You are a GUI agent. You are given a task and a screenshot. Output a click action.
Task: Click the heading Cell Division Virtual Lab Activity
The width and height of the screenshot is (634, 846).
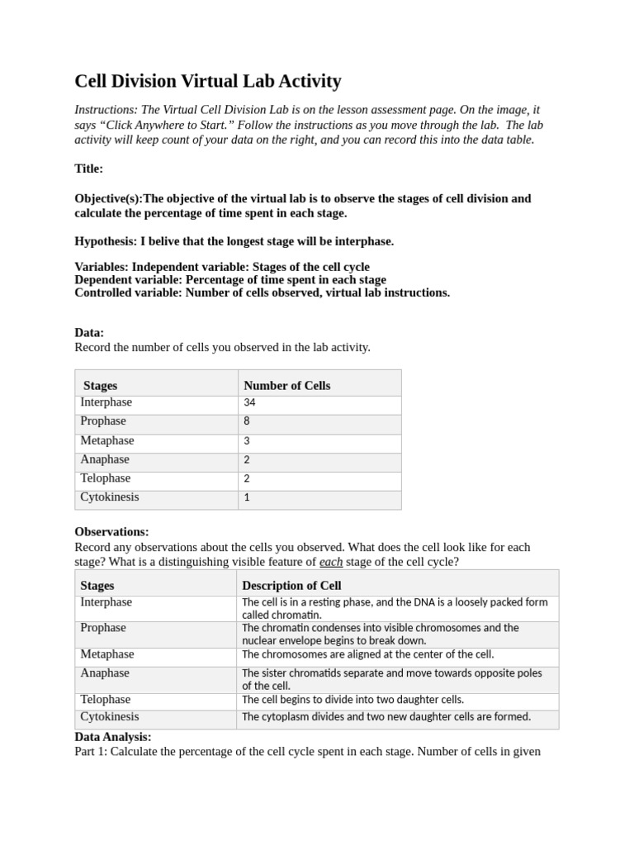[207, 81]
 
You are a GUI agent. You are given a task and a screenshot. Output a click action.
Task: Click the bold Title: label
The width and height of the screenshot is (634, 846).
[89, 169]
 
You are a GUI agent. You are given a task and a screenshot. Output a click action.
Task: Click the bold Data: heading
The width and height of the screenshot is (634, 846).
[89, 332]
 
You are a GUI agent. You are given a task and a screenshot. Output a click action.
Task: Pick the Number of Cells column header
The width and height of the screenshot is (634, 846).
[286, 385]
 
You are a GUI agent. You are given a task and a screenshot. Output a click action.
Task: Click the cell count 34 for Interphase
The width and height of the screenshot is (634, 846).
[249, 403]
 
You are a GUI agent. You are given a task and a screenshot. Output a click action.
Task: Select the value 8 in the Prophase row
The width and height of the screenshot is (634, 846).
[247, 421]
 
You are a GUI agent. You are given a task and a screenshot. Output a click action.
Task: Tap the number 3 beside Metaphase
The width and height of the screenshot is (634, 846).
[247, 441]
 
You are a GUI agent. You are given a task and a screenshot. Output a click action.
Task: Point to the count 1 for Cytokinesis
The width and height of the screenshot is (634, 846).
[247, 497]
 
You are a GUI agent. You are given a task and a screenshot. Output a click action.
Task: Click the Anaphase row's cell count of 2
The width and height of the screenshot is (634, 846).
[247, 460]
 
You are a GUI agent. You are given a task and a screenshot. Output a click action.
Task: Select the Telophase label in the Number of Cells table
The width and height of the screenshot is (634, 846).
[105, 478]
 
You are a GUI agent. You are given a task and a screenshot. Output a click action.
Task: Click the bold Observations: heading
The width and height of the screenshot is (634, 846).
[111, 532]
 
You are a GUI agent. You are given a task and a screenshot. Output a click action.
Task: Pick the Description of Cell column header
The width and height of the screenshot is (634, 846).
[291, 585]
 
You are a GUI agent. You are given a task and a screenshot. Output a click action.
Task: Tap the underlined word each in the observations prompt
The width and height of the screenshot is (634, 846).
[330, 562]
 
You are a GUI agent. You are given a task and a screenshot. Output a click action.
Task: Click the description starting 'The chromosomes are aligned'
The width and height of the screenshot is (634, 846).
[367, 654]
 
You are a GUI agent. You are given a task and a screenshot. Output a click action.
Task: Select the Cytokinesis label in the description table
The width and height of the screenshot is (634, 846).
[109, 717]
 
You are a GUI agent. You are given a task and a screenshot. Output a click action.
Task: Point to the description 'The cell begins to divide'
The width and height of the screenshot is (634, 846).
[352, 700]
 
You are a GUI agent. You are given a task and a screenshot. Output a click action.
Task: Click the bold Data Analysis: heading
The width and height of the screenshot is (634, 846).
[113, 736]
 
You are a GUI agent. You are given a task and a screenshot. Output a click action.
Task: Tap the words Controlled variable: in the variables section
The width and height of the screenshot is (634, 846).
[128, 292]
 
